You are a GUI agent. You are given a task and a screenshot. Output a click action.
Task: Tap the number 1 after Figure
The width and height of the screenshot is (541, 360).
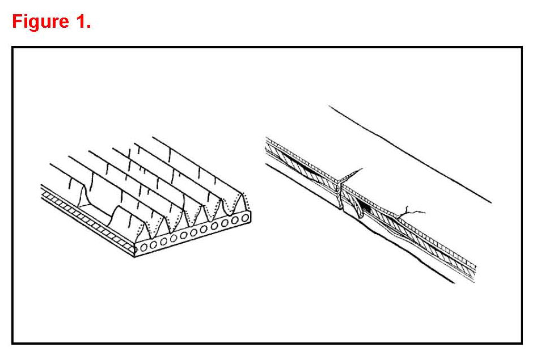81,22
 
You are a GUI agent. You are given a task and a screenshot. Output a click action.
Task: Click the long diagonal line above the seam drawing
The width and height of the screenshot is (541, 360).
408,153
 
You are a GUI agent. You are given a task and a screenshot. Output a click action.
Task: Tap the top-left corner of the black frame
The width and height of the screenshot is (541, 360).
13,48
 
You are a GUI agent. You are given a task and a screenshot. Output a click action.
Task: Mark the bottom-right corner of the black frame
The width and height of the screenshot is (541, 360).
521,342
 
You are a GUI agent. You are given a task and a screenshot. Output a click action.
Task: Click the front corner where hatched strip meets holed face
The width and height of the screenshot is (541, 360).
135,247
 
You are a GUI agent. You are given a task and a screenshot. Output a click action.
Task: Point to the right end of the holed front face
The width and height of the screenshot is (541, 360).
251,216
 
